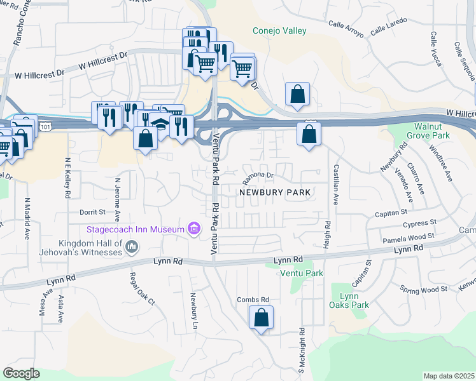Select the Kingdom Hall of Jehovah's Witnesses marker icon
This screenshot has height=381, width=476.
point(132,246)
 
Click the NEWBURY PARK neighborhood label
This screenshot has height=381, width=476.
point(274,192)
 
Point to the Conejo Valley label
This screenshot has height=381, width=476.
point(279,30)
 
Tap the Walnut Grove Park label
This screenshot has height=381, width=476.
point(432,131)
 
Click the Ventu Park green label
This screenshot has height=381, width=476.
point(302,273)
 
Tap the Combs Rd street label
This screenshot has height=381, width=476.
point(253,300)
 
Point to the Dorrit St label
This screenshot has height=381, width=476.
point(92,211)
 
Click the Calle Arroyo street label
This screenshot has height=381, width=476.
point(346,28)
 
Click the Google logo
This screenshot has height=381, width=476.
point(21,373)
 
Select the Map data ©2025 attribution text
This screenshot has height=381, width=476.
point(449,376)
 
